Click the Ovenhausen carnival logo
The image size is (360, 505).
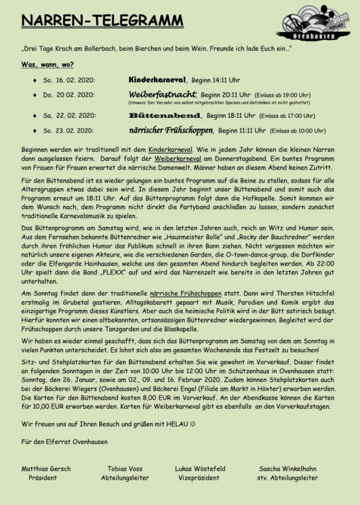pos(315,22)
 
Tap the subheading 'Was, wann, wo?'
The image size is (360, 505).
pos(48,64)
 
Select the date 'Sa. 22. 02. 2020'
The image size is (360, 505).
pos(69,116)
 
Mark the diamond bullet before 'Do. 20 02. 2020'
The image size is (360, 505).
pos(34,95)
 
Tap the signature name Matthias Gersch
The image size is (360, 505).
pos(46,469)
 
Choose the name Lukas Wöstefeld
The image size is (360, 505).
pos(200,469)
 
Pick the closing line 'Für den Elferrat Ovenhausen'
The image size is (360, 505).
pos(65,441)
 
